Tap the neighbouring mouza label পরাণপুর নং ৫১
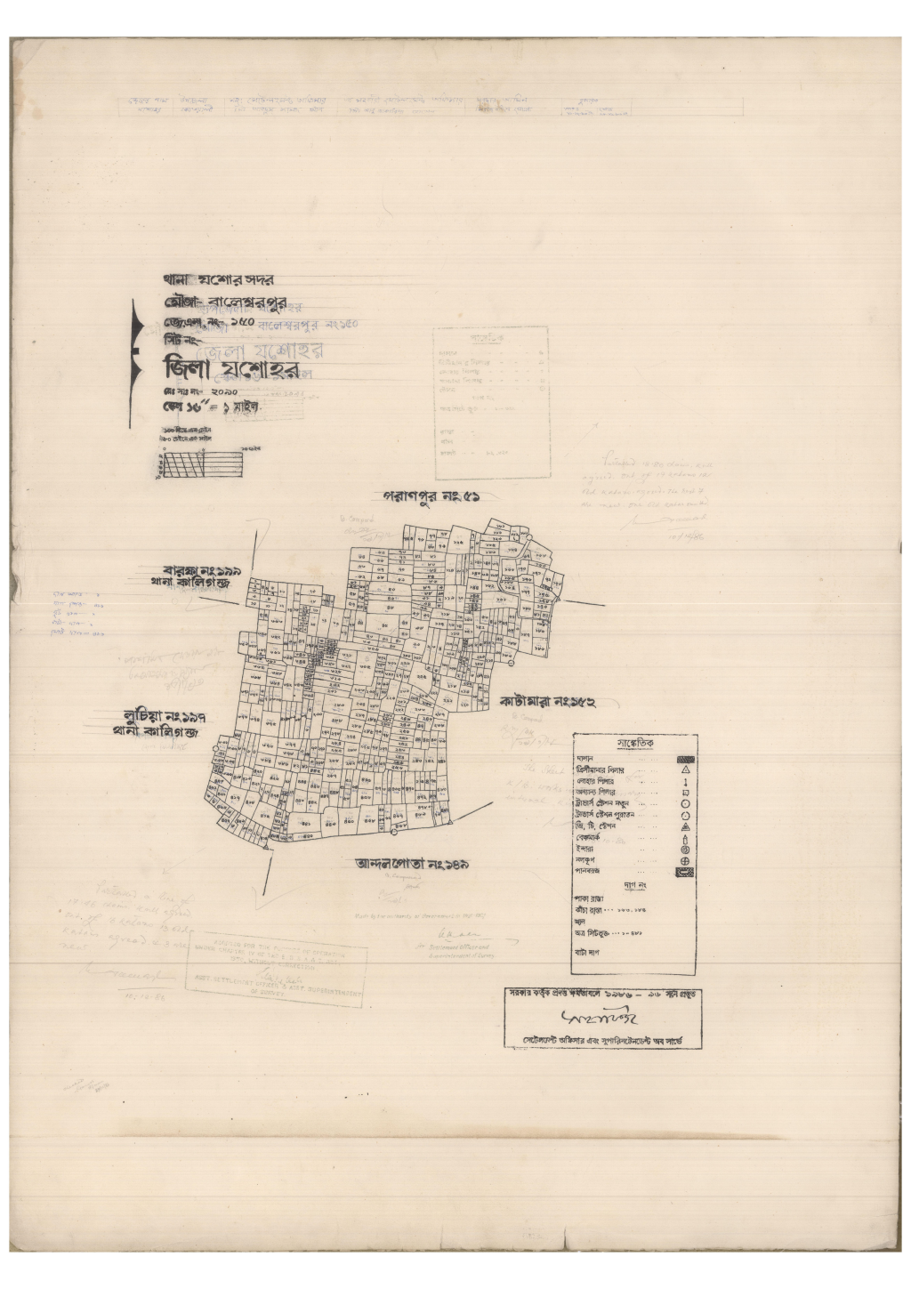click(x=436, y=497)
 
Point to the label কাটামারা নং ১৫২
click(x=546, y=702)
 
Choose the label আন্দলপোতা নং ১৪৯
click(x=413, y=862)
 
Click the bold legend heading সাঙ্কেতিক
click(x=634, y=744)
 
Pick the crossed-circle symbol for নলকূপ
click(x=686, y=861)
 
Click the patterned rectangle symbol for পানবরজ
click(x=685, y=873)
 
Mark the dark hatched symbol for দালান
click(x=684, y=759)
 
